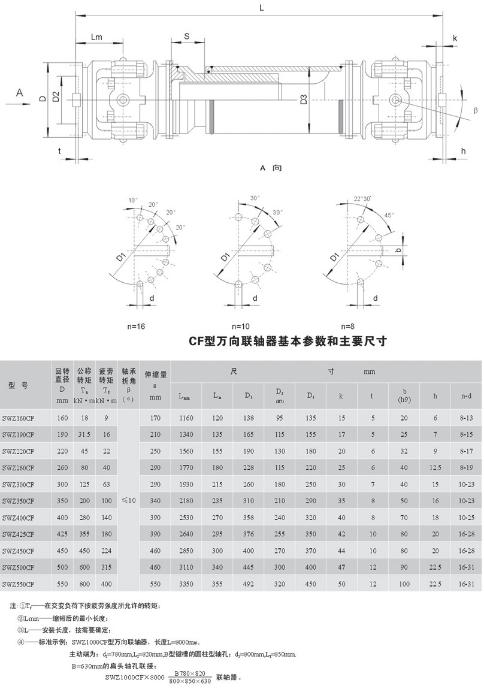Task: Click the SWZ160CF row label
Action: (x=17, y=417)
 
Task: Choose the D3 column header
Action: (x=310, y=396)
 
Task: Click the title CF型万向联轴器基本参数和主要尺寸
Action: (x=289, y=342)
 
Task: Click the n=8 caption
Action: (x=348, y=327)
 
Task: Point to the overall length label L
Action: (x=261, y=7)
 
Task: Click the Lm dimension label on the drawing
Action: (x=96, y=37)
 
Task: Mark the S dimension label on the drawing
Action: (x=186, y=37)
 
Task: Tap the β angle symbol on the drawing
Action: (x=475, y=111)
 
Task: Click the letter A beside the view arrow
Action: (x=19, y=92)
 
